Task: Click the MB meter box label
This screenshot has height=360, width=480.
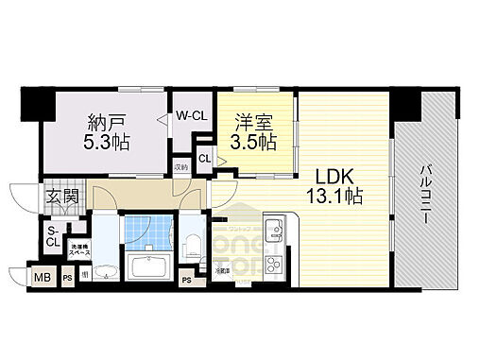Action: (42, 277)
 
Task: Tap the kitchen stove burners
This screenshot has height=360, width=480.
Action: (274, 262)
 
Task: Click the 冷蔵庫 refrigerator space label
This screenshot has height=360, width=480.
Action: (220, 272)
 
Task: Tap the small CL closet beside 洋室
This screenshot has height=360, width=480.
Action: (205, 160)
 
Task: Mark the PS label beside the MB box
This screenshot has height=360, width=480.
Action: (68, 277)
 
